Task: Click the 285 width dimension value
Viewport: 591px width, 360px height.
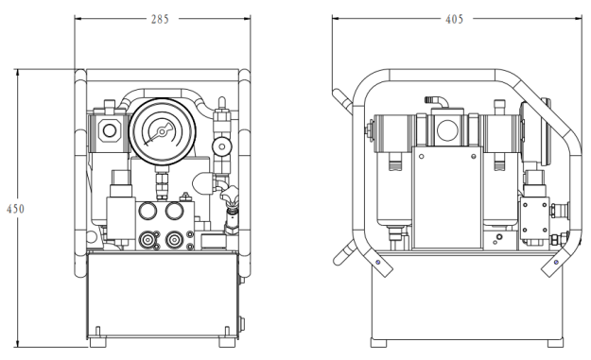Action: click(x=160, y=19)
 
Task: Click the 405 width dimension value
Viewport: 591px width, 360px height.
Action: click(x=454, y=19)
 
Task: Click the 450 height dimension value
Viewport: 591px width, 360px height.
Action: click(x=15, y=209)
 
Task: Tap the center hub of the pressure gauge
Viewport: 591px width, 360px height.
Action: click(x=162, y=131)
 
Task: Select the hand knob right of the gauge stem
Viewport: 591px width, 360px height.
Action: click(x=230, y=193)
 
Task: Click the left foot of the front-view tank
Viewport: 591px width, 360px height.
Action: click(x=97, y=342)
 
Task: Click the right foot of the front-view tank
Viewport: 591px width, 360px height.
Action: click(x=227, y=342)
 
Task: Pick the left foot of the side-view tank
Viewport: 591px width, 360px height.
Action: click(x=378, y=342)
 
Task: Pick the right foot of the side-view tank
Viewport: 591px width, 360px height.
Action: click(x=556, y=342)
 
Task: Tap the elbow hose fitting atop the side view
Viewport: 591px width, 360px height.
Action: click(x=437, y=101)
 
